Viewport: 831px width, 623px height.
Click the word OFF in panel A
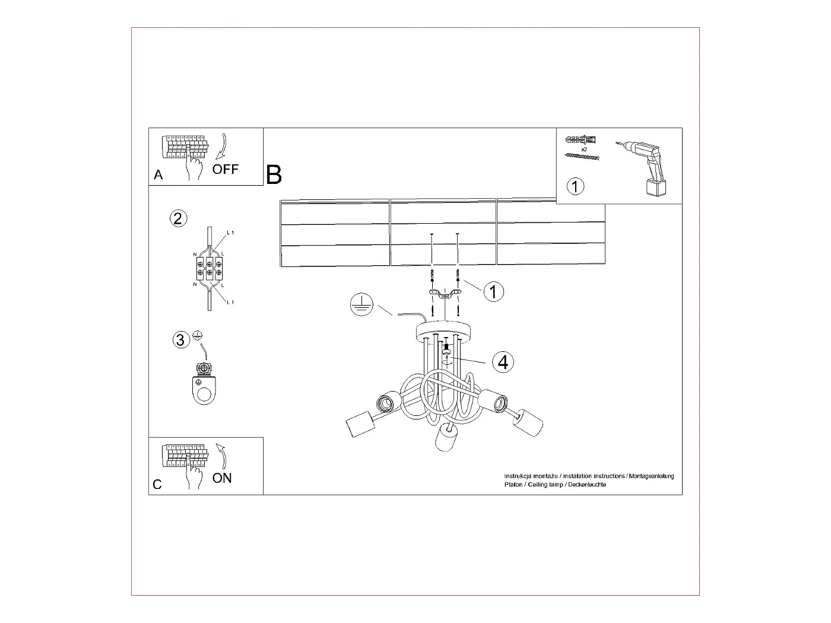click(226, 169)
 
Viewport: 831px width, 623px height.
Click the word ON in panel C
click(222, 478)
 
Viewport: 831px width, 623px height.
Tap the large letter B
click(274, 174)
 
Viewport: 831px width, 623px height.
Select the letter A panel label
click(158, 175)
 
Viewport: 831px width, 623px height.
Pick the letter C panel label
click(157, 485)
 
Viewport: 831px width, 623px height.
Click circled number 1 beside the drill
click(575, 186)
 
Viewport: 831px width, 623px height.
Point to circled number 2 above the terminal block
click(178, 218)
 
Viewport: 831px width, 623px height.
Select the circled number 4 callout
click(503, 361)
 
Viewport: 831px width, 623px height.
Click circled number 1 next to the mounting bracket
click(493, 291)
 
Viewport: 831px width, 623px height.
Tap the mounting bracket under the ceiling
click(445, 294)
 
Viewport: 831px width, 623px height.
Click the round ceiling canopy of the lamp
click(444, 331)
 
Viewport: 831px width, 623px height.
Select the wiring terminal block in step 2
click(209, 268)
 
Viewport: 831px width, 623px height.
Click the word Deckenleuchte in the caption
click(587, 485)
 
